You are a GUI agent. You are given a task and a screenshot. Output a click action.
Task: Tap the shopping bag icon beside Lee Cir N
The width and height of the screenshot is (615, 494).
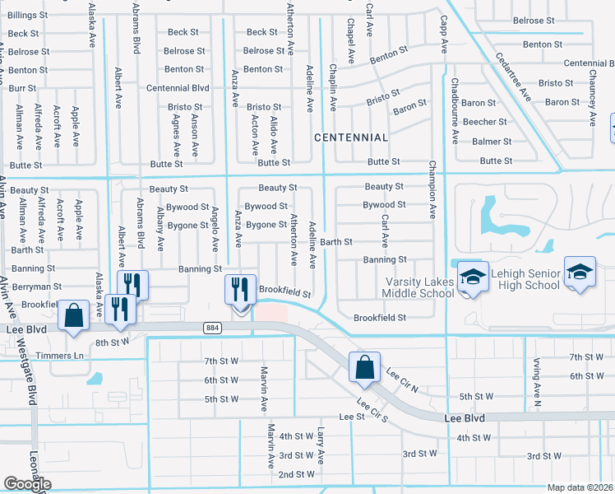363,367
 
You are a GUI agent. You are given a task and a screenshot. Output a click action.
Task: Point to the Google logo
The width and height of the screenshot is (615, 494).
27,484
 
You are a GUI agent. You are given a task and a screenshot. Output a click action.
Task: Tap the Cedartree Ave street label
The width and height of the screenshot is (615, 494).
513,77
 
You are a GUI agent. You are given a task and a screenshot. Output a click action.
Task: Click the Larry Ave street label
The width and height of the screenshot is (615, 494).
321,445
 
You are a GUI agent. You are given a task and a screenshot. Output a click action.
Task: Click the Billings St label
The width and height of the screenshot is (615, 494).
27,16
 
